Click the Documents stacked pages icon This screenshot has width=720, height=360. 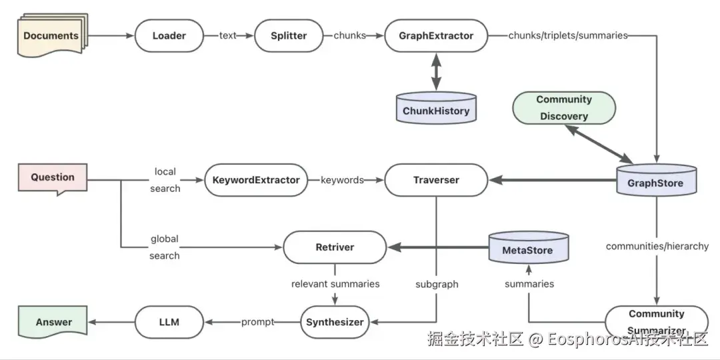pos(51,35)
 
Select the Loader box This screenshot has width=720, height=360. pos(169,35)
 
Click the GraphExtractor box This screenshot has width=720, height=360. pos(436,35)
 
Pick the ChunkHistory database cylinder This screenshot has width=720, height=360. pos(436,109)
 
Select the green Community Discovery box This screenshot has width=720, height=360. pos(564,107)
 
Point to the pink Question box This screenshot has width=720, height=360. pos(53,178)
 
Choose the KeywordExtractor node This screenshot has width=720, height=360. pos(256,180)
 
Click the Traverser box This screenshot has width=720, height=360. pos(436,180)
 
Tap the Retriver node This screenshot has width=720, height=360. pos(335,247)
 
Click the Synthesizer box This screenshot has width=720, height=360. pos(335,322)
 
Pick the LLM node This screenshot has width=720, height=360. pos(169,322)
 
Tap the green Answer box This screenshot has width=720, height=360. pos(54,322)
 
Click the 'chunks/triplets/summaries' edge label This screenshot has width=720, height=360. pos(568,35)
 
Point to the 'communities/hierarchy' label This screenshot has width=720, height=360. pos(657,246)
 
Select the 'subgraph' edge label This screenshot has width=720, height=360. pos(437,283)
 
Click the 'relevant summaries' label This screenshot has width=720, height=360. pos(335,283)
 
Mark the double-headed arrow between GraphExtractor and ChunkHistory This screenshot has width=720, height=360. pos(436,73)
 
